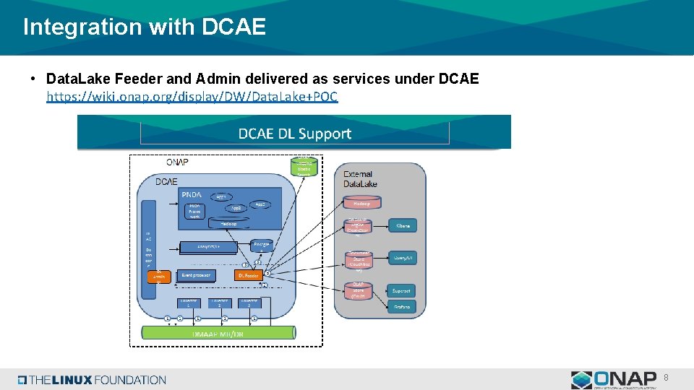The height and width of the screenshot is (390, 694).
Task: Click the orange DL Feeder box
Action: pyautogui.click(x=248, y=275)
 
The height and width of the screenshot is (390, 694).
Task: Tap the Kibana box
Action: pyautogui.click(x=403, y=225)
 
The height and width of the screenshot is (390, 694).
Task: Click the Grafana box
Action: pyautogui.click(x=402, y=306)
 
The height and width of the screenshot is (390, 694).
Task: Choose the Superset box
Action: pyautogui.click(x=402, y=291)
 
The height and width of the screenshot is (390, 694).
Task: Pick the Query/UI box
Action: pyautogui.click(x=402, y=257)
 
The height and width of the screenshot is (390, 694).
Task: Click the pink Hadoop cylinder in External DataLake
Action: pyautogui.click(x=361, y=203)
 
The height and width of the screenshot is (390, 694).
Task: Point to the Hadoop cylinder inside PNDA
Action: pyautogui.click(x=228, y=223)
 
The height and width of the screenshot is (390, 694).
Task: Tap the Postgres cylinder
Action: pyautogui.click(x=261, y=246)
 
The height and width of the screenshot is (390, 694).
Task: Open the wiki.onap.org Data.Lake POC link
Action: pyautogui.click(x=192, y=96)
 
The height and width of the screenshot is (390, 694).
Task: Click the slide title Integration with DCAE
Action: pyautogui.click(x=145, y=27)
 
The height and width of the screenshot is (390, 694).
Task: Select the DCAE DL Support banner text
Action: pyautogui.click(x=294, y=134)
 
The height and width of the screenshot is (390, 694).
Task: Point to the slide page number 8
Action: pyautogui.click(x=666, y=377)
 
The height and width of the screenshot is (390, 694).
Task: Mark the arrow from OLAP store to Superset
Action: pyautogui.click(x=381, y=291)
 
